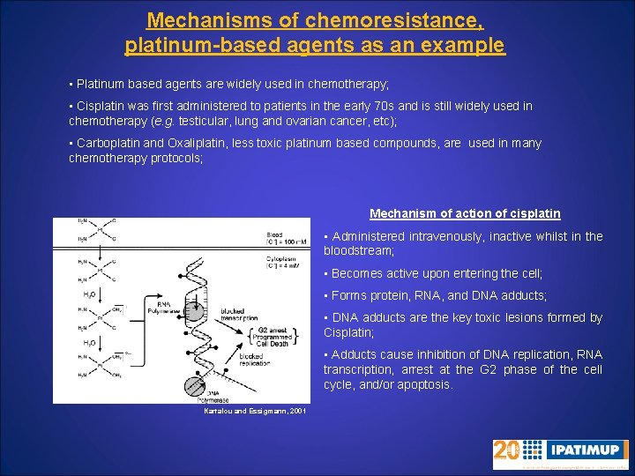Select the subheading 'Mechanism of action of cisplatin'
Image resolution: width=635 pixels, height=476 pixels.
coord(465,213)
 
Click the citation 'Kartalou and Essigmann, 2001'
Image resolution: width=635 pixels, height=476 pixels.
coord(256,412)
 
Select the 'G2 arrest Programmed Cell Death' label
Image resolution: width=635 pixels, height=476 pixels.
coord(270,338)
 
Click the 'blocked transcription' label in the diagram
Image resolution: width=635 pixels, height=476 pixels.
coord(238,314)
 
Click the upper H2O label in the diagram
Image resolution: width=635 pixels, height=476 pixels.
coord(90,294)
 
